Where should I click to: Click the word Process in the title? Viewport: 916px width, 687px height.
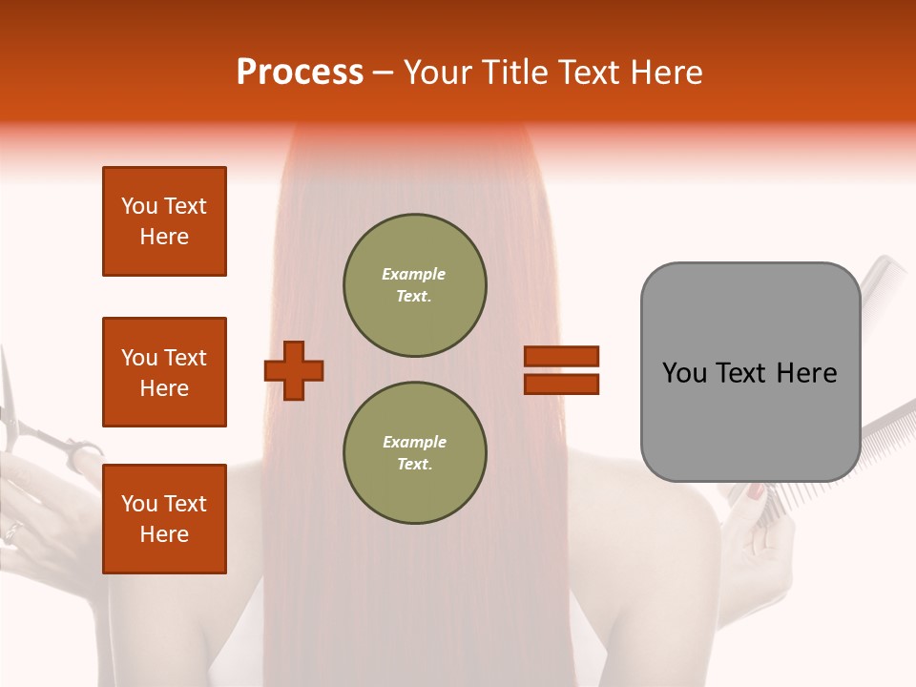click(300, 73)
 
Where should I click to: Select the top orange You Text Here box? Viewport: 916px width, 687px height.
click(164, 221)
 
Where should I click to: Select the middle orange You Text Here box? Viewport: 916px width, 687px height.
click(164, 372)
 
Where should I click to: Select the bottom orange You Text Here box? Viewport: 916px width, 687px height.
click(164, 518)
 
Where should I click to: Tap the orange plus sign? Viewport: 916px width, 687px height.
click(294, 370)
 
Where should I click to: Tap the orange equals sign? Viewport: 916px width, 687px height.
click(561, 370)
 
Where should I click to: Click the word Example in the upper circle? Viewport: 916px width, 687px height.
click(413, 274)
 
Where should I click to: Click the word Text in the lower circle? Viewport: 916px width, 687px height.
click(413, 464)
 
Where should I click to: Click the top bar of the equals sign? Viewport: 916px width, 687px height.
click(561, 356)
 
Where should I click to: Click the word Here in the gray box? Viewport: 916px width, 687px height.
click(806, 373)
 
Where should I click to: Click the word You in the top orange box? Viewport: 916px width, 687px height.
click(139, 206)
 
